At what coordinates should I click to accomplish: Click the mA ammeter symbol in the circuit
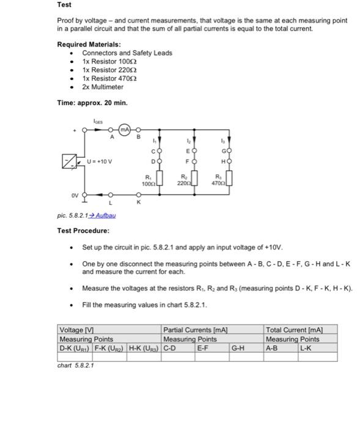(x=125, y=130)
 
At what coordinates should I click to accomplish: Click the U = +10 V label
(x=99, y=162)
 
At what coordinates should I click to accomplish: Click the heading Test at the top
(x=64, y=5)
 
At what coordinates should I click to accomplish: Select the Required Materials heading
(x=89, y=44)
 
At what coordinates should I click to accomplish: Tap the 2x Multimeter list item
(x=103, y=87)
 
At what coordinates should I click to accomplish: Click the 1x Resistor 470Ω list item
(x=109, y=78)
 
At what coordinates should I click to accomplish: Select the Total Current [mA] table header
(x=293, y=330)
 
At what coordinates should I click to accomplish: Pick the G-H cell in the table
(x=238, y=348)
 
